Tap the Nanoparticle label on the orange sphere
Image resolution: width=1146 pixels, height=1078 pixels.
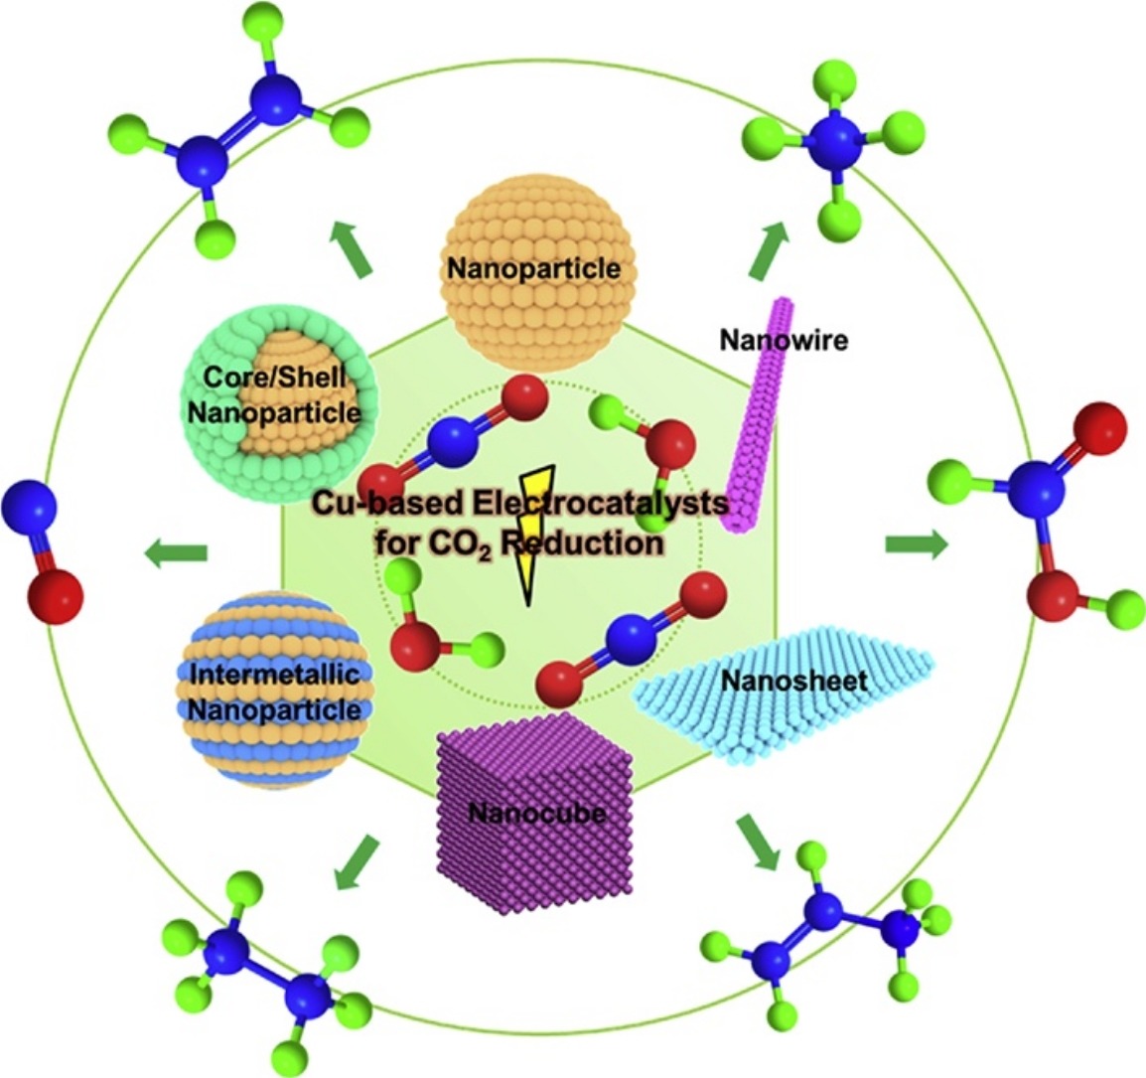coord(533,268)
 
